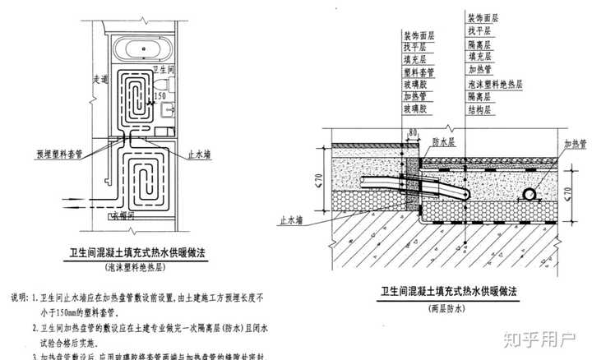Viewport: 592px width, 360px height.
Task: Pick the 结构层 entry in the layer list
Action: pyautogui.click(x=479, y=109)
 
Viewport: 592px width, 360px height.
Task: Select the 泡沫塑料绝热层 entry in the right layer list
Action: pyautogui.click(x=495, y=84)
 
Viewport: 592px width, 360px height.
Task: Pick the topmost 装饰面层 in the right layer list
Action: pyautogui.click(x=483, y=17)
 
